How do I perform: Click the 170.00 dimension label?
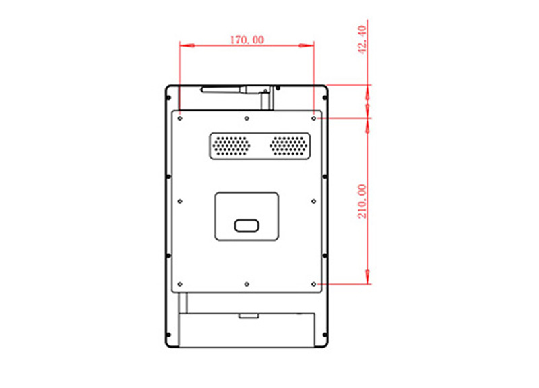click(x=247, y=40)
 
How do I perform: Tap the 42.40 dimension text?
click(x=362, y=39)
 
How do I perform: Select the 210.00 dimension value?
click(x=362, y=201)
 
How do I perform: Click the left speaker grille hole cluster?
click(x=231, y=146)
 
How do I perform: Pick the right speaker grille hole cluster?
click(x=289, y=146)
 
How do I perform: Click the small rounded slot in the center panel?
click(x=247, y=226)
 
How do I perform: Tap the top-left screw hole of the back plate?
click(x=180, y=119)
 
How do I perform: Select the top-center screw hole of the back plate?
click(x=247, y=119)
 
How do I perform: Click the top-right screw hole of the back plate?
click(x=313, y=119)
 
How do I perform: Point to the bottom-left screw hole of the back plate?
click(x=180, y=284)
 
